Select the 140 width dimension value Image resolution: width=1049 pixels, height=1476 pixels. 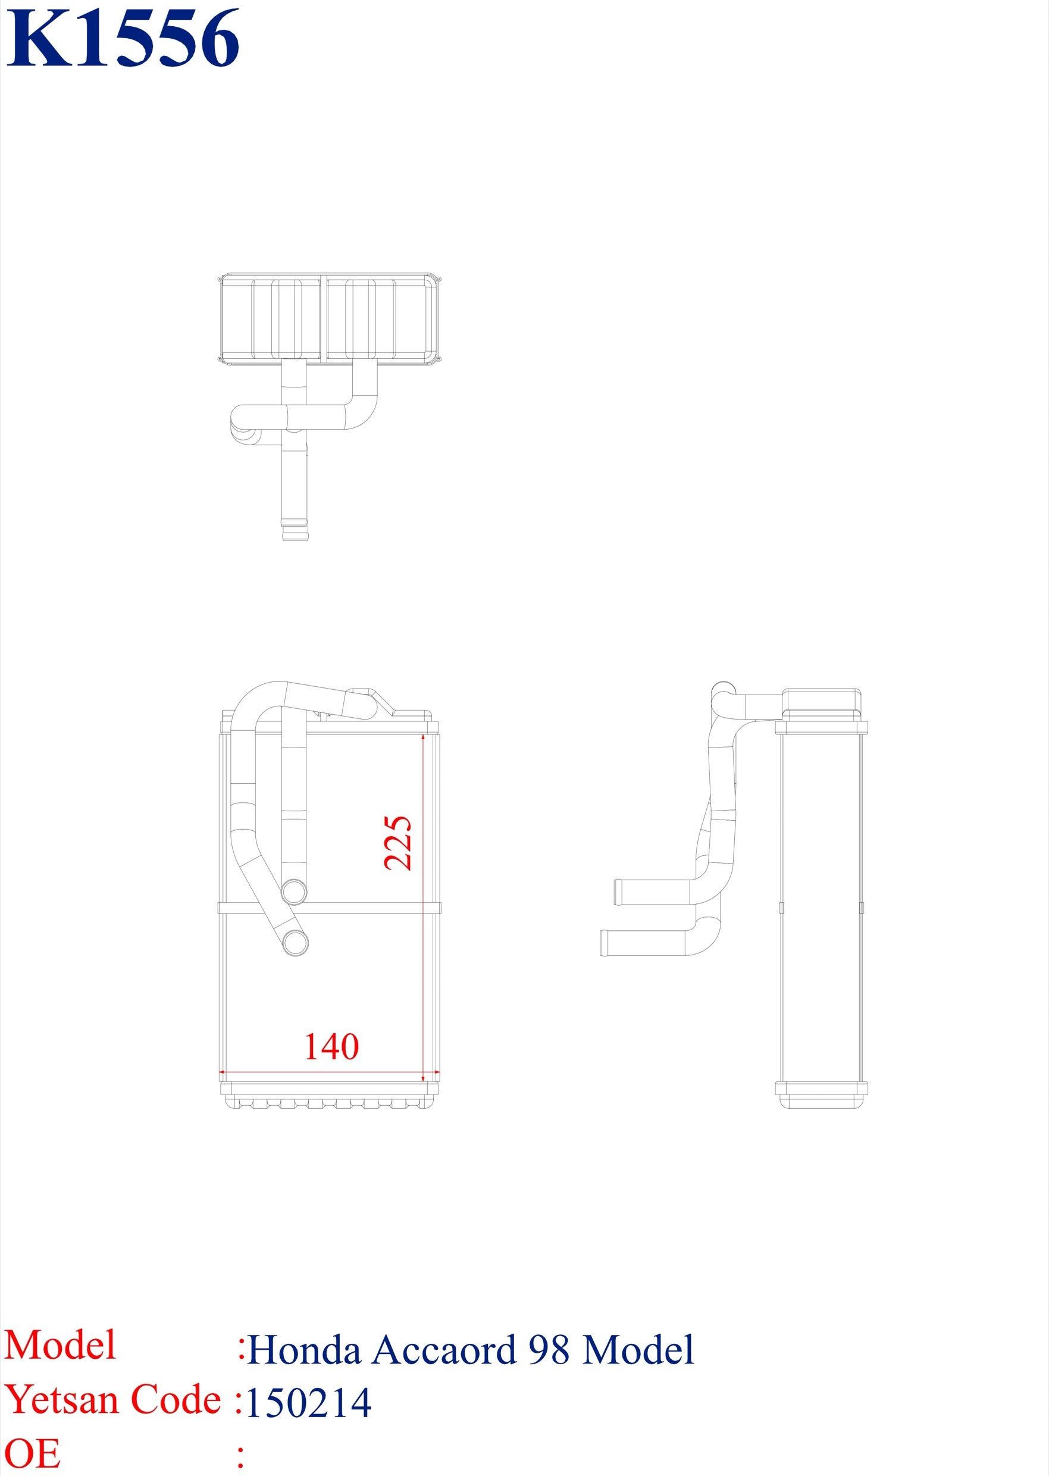click(331, 1046)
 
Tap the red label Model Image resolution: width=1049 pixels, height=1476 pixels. click(60, 1346)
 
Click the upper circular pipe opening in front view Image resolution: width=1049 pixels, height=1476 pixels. click(294, 892)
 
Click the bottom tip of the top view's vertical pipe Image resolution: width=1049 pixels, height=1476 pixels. click(295, 536)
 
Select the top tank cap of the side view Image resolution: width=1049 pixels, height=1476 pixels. click(822, 701)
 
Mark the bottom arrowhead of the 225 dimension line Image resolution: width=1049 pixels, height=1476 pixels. click(422, 1076)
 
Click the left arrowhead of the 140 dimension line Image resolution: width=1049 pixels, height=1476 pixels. click(222, 1072)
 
